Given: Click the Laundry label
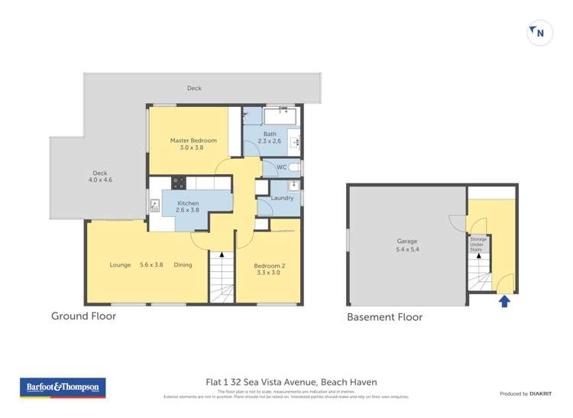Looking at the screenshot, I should click(x=282, y=199).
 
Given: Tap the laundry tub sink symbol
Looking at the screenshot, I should click(x=294, y=185).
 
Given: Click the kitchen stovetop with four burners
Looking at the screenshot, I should click(x=178, y=183).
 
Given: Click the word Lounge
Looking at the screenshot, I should click(x=120, y=265).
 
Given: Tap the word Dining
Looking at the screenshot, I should click(x=183, y=265).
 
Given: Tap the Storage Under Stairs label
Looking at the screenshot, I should click(x=477, y=244).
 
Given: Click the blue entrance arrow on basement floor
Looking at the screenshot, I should click(x=503, y=302).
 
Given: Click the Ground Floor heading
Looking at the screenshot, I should click(x=83, y=316).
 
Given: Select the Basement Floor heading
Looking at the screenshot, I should click(x=384, y=317).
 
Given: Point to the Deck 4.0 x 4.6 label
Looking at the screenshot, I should click(x=99, y=177).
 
